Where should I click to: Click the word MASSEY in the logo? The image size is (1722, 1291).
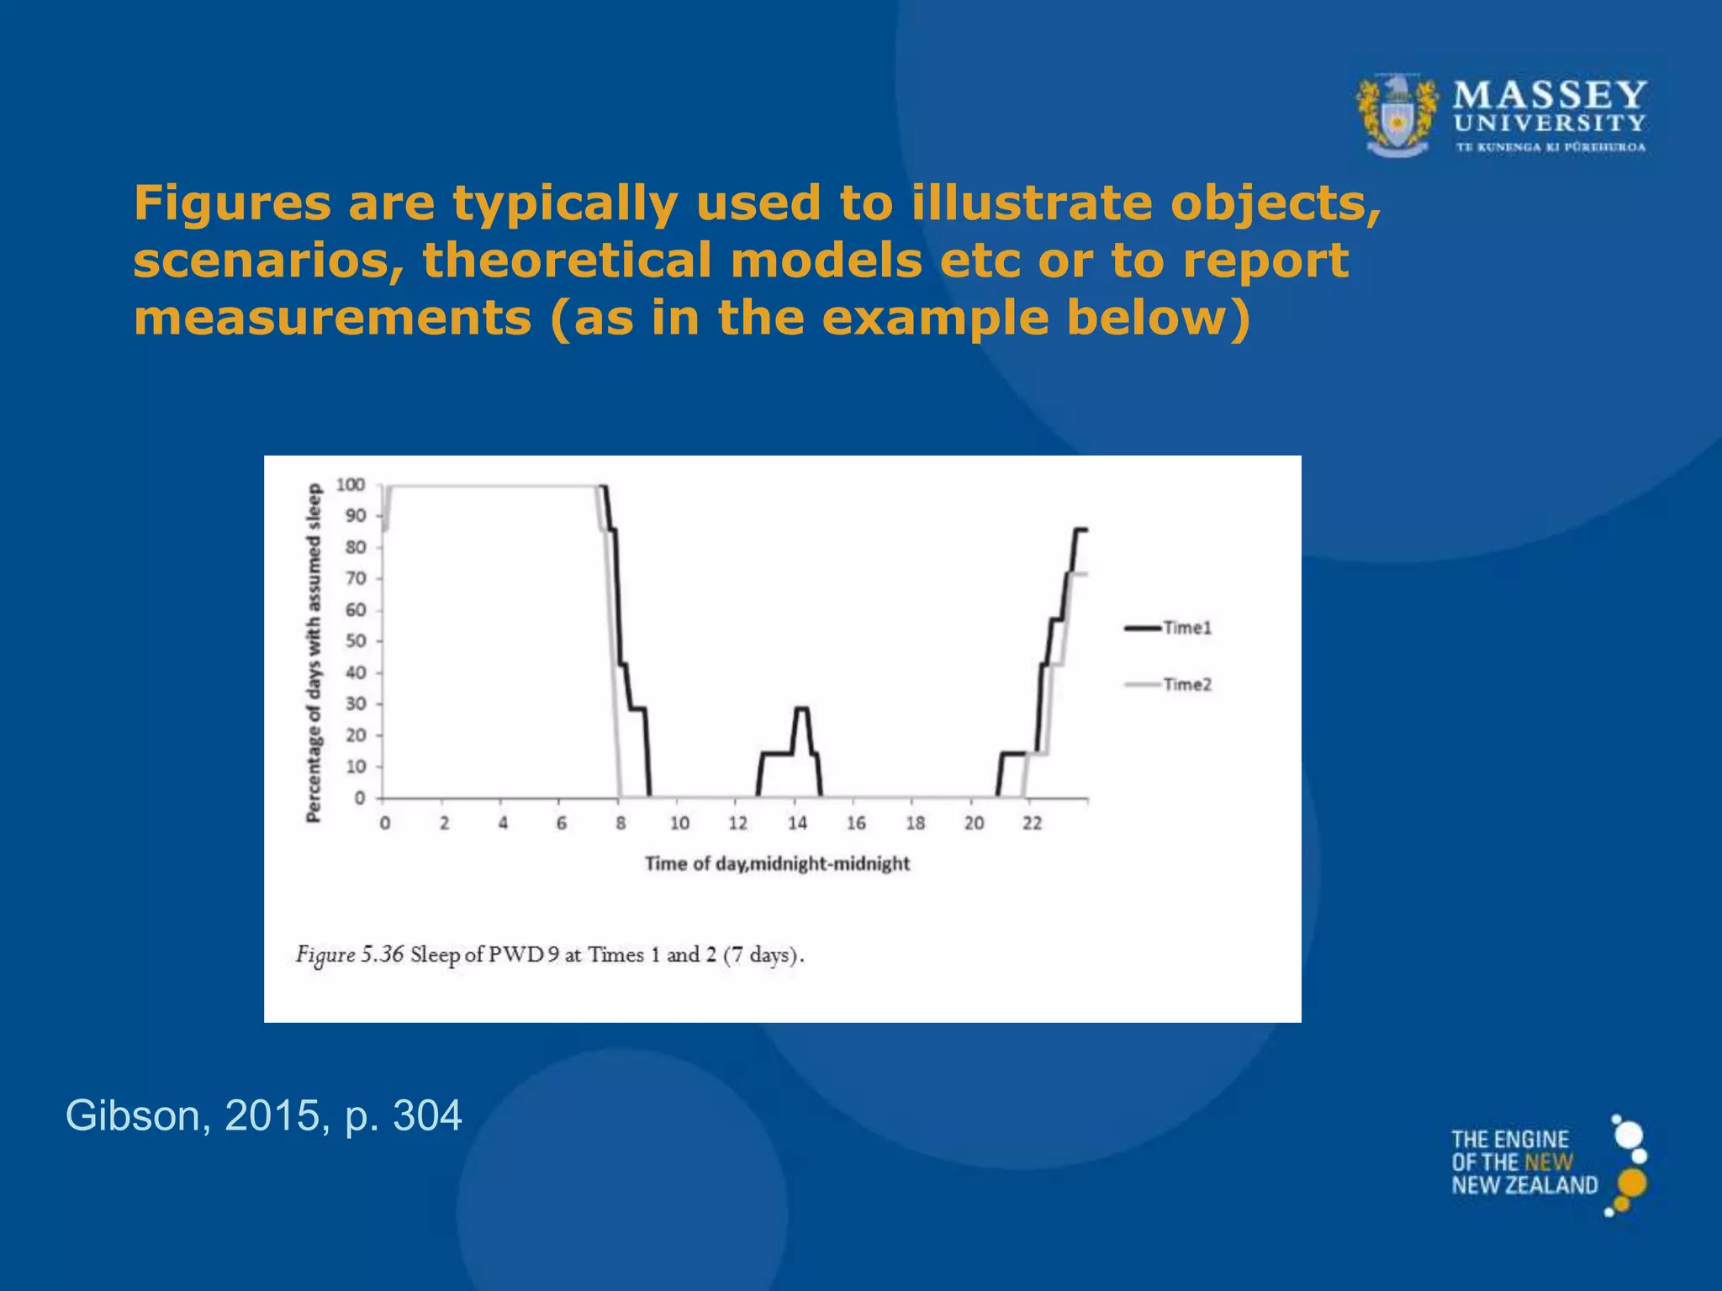(x=1550, y=95)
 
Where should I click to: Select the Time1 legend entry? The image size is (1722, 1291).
(x=1186, y=628)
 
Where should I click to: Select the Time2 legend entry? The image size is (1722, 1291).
(x=1186, y=684)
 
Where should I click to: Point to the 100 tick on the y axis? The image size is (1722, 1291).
(x=351, y=485)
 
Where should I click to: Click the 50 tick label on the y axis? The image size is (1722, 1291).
(x=356, y=641)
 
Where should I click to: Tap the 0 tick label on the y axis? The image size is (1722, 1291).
(x=360, y=798)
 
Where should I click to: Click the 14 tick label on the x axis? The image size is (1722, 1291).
(x=797, y=824)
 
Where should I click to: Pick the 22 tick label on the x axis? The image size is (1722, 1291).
(x=1032, y=824)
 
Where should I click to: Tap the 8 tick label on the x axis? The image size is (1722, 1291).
(x=621, y=824)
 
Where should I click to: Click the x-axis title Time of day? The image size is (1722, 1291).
(x=777, y=863)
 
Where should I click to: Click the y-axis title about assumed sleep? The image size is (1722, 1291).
(x=314, y=652)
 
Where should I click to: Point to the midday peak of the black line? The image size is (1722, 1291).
(x=801, y=709)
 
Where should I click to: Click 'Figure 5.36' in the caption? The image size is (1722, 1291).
(x=350, y=955)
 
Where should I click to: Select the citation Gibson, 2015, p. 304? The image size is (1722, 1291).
(x=263, y=1115)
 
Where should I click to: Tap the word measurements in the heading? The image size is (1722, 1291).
(x=332, y=318)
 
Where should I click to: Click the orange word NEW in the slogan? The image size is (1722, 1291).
(x=1549, y=1162)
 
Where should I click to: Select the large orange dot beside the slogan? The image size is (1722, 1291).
(x=1631, y=1183)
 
